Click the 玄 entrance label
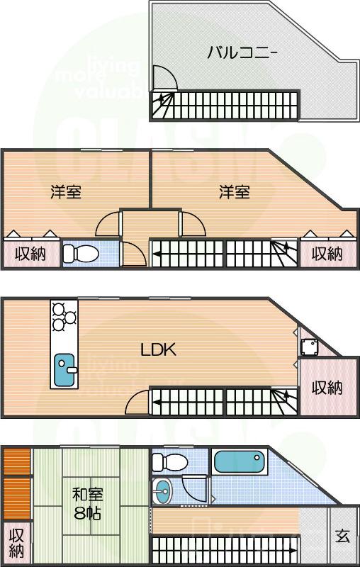(342, 535)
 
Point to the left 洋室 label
(65, 192)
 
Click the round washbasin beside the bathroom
(162, 490)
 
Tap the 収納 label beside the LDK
(327, 388)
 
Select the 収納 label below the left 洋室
(30, 253)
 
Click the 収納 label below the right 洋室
(327, 253)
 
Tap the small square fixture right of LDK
(308, 347)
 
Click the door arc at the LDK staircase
(135, 404)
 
